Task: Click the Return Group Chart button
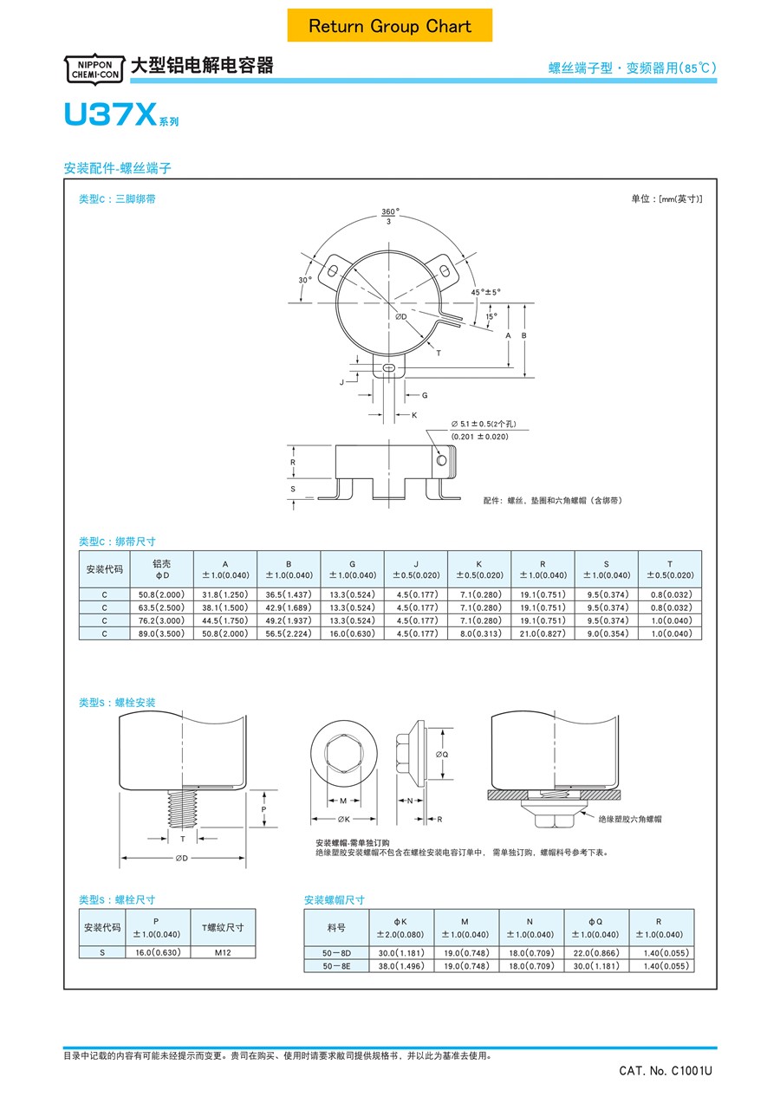390,26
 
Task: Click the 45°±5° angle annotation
486,292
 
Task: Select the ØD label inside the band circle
400,317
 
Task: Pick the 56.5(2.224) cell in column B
289,633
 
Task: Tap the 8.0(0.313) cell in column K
479,633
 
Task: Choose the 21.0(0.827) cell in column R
543,633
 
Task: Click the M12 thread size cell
223,952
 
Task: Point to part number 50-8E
336,966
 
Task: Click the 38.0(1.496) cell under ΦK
401,966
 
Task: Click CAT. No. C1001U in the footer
665,1071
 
